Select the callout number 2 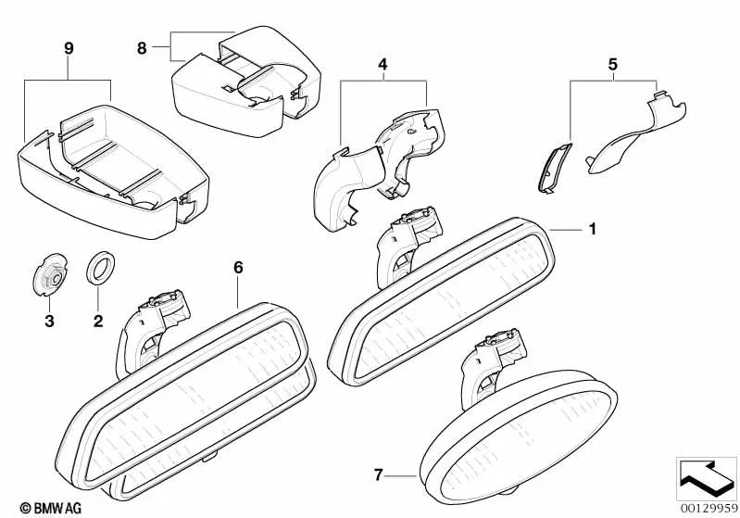coord(97,322)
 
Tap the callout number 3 coord(49,322)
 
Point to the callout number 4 coord(383,66)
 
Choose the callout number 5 coord(611,67)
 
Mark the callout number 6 coord(238,267)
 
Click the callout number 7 coord(378,476)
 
